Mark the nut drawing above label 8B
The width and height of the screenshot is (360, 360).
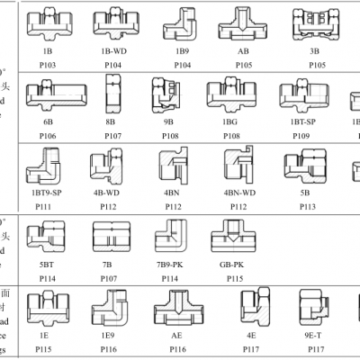pos(114,94)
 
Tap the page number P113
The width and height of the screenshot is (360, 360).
pos(305,205)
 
